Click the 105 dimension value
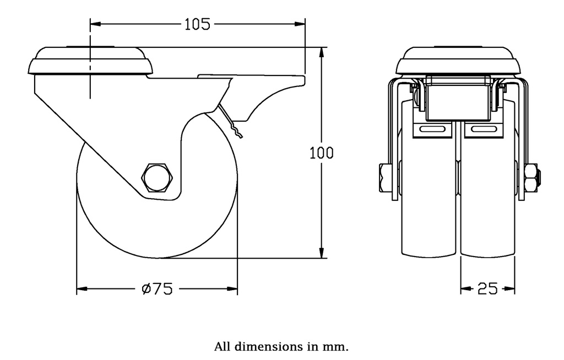point(197,24)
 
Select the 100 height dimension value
point(321,152)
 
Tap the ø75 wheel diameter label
point(157,288)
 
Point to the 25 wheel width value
point(488,288)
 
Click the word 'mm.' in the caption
point(338,347)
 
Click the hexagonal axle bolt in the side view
point(158,177)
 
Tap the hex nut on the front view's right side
point(532,178)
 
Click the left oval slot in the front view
point(432,129)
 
